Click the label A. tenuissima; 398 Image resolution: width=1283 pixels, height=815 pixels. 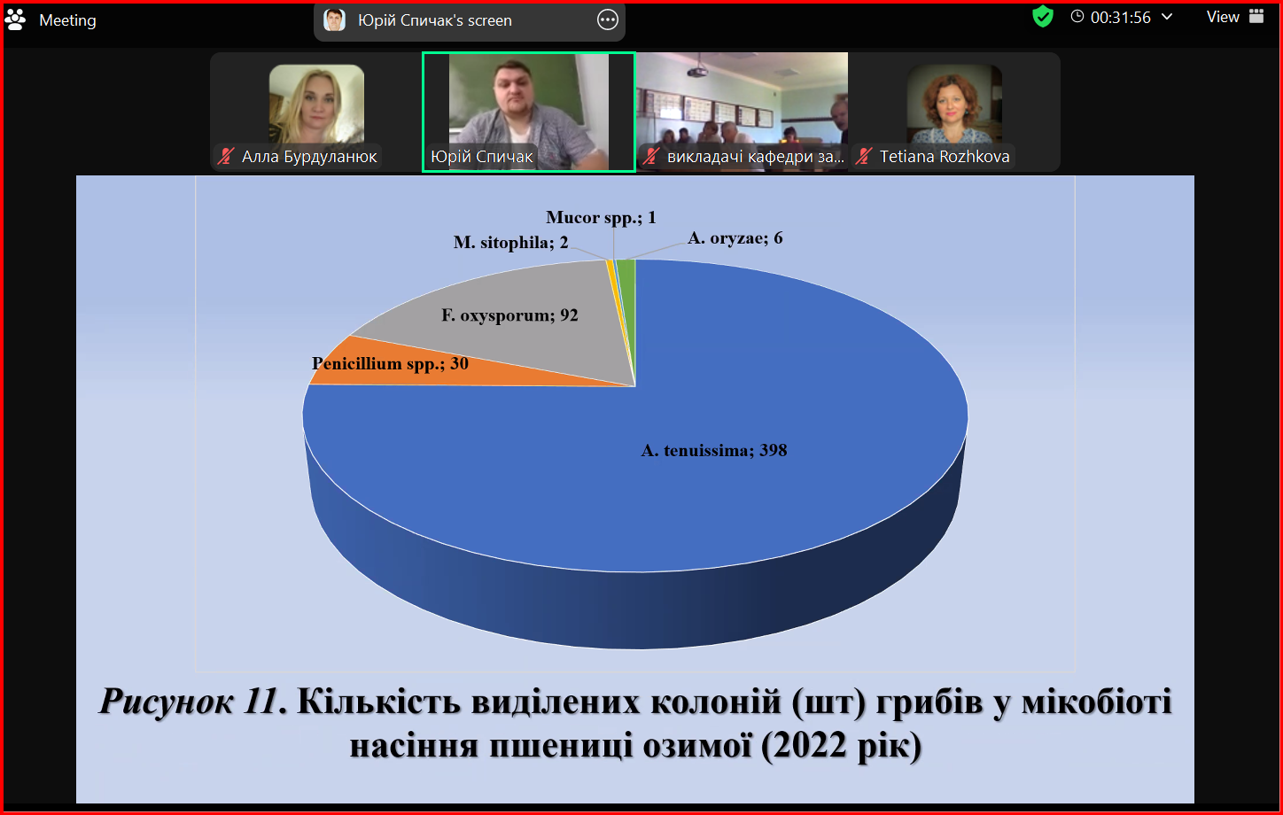[713, 451]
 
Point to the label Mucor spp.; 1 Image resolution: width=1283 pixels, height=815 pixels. [601, 218]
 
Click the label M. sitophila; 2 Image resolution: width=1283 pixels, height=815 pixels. [511, 243]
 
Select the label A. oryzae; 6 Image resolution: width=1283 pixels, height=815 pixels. [735, 238]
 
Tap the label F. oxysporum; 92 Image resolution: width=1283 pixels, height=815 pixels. [509, 315]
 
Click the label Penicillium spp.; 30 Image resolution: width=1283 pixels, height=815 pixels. [390, 364]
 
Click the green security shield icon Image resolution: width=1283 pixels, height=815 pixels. [1042, 17]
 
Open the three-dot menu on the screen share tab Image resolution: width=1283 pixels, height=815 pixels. [607, 20]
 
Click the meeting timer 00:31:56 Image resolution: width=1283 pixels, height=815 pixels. [1120, 18]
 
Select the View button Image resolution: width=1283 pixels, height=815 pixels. [1235, 17]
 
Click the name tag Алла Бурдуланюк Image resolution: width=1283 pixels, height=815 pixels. [308, 157]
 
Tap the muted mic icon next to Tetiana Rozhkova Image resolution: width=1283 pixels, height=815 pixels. [863, 157]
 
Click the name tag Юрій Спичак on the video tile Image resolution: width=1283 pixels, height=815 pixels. [481, 157]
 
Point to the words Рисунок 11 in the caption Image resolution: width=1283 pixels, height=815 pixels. [188, 701]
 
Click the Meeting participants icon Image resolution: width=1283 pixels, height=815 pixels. [15, 19]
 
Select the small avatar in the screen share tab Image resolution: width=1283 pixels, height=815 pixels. [334, 20]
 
